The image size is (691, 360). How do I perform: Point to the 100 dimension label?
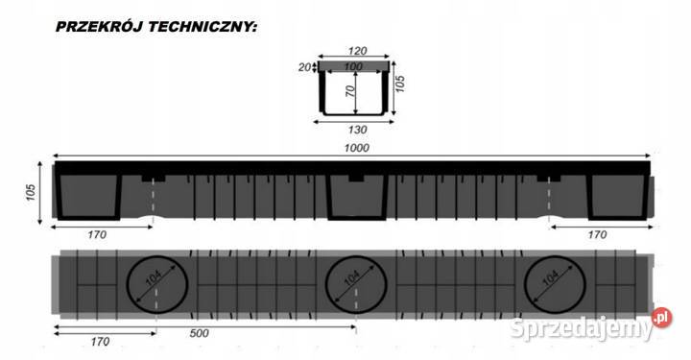click(x=355, y=65)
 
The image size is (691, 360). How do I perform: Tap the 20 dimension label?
click(x=304, y=67)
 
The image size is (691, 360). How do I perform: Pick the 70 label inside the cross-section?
click(x=351, y=94)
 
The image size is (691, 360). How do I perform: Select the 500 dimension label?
click(x=199, y=335)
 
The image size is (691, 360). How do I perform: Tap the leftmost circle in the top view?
click(x=156, y=284)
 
